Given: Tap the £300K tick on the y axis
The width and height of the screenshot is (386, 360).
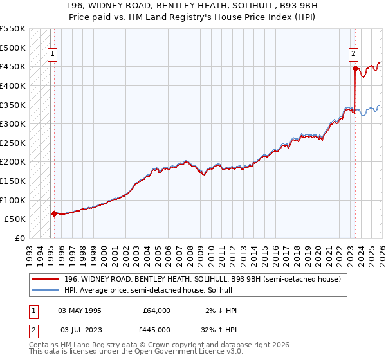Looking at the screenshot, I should click(x=13, y=123).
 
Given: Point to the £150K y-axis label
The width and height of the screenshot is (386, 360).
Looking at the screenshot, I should click(x=13, y=181).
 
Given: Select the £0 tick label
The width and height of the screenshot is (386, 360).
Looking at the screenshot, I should click(x=19, y=238).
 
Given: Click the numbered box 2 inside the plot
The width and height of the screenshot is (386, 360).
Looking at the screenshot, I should click(x=354, y=55).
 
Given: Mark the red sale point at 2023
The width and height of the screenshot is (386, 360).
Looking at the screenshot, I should click(x=355, y=67).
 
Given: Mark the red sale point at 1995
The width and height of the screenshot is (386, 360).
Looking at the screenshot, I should click(x=54, y=213).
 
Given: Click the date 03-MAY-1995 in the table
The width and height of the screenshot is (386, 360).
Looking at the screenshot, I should click(x=80, y=310).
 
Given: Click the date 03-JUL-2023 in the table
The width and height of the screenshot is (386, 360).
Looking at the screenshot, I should click(x=80, y=329).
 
